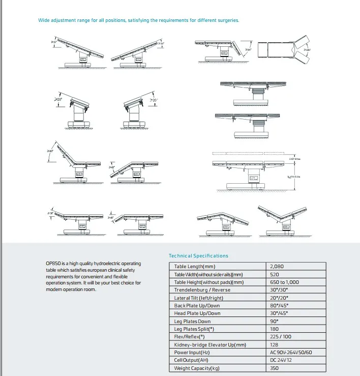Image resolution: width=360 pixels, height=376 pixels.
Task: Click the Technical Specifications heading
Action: pyautogui.click(x=198, y=256)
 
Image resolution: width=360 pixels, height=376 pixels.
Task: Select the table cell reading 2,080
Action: pyautogui.click(x=278, y=267)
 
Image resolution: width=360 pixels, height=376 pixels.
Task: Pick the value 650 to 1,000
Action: pyautogui.click(x=285, y=282)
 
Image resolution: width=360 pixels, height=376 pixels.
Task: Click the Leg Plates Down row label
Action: pyautogui.click(x=192, y=321)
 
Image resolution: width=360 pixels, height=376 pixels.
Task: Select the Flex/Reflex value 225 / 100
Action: pyautogui.click(x=281, y=337)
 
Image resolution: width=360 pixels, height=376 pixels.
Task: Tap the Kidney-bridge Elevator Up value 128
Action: pyautogui.click(x=275, y=345)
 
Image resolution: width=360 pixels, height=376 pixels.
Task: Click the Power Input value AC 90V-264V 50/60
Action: pyautogui.click(x=291, y=353)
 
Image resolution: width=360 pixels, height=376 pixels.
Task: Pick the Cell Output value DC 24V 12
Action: pyautogui.click(x=281, y=360)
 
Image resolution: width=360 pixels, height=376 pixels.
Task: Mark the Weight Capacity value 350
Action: pyautogui.click(x=275, y=368)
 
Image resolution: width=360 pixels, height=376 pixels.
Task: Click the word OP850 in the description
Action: pyautogui.click(x=52, y=263)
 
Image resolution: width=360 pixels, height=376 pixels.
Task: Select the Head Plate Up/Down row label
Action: pyautogui.click(x=197, y=313)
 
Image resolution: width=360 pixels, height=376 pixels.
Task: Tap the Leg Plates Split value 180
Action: pyautogui.click(x=275, y=329)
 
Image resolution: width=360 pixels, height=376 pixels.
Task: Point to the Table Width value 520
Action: pyautogui.click(x=275, y=274)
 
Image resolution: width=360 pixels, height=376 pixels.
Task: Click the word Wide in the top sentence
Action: pyautogui.click(x=44, y=20)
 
